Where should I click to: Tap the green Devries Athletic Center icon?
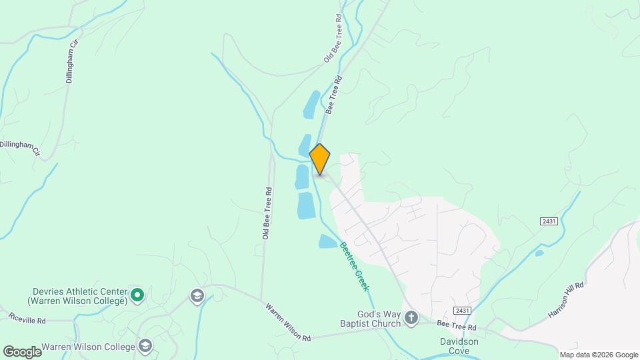coord(137,294)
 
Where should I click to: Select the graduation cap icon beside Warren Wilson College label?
coord(145,345)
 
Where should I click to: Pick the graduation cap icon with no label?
coord(197,295)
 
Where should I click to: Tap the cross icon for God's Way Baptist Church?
coord(411,318)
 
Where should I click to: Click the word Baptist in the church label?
coord(378,324)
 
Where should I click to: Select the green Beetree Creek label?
coord(354,265)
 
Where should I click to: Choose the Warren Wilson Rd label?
coord(288,323)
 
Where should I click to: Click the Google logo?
coord(21,352)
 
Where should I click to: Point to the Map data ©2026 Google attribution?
coord(599,355)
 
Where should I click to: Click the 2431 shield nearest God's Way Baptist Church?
coord(462,311)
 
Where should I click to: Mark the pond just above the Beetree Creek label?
coord(328,241)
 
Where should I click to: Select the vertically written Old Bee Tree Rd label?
coord(267,213)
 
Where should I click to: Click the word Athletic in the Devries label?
coord(89,291)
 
